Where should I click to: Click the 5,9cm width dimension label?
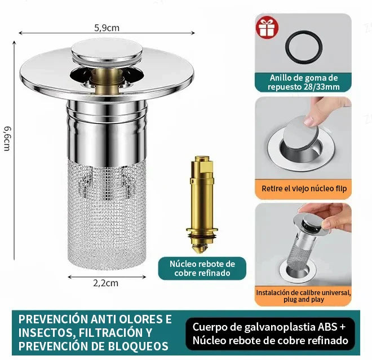[x=107, y=28]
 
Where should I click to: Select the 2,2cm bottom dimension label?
[x=105, y=283]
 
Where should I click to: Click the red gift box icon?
[x=267, y=28]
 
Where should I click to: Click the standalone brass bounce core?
[x=202, y=204]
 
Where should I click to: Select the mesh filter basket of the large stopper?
[x=107, y=214]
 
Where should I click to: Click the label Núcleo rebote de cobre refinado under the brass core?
[x=202, y=269]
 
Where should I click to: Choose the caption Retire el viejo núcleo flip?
[x=304, y=188]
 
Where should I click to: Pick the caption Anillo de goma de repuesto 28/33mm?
[x=304, y=82]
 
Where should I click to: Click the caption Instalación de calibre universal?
[x=303, y=292]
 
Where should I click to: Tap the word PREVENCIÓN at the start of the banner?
[x=53, y=319]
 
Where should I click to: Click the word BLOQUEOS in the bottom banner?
[x=138, y=346]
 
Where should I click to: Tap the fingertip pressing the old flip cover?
[x=309, y=121]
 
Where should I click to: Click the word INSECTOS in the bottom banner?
[x=46, y=333]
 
